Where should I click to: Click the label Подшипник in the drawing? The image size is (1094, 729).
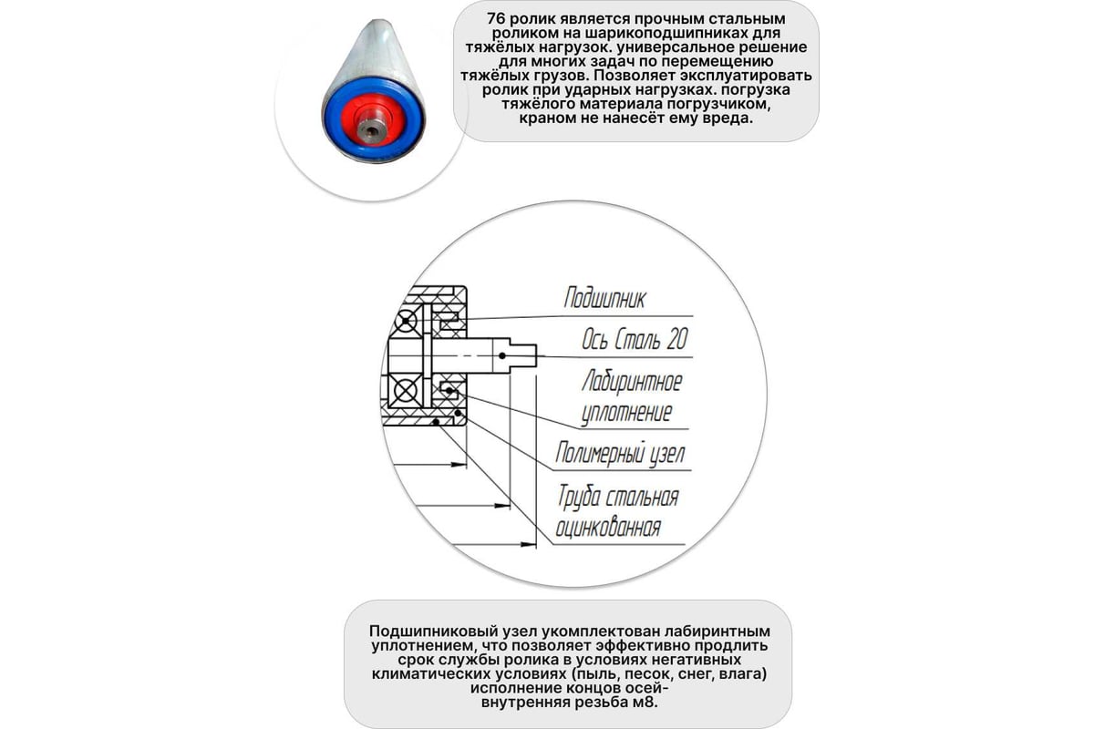point(604,298)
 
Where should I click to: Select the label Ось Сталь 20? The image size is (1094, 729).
point(635,339)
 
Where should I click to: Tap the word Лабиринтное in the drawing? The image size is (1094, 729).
point(632,381)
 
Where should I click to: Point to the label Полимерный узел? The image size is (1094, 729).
point(620,453)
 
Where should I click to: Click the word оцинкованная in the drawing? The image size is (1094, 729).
point(608,528)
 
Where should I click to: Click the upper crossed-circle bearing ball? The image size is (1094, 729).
point(406,322)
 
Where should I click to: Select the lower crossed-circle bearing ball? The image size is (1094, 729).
point(405,390)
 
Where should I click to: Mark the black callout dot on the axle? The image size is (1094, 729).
point(502,356)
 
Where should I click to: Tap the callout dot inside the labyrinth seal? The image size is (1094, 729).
point(449,390)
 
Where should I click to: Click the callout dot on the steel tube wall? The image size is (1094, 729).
point(436,421)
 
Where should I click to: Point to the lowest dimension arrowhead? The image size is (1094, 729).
point(529,544)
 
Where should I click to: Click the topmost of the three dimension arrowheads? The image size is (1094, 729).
point(459,465)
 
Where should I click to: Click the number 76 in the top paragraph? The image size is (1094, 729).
point(496,19)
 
